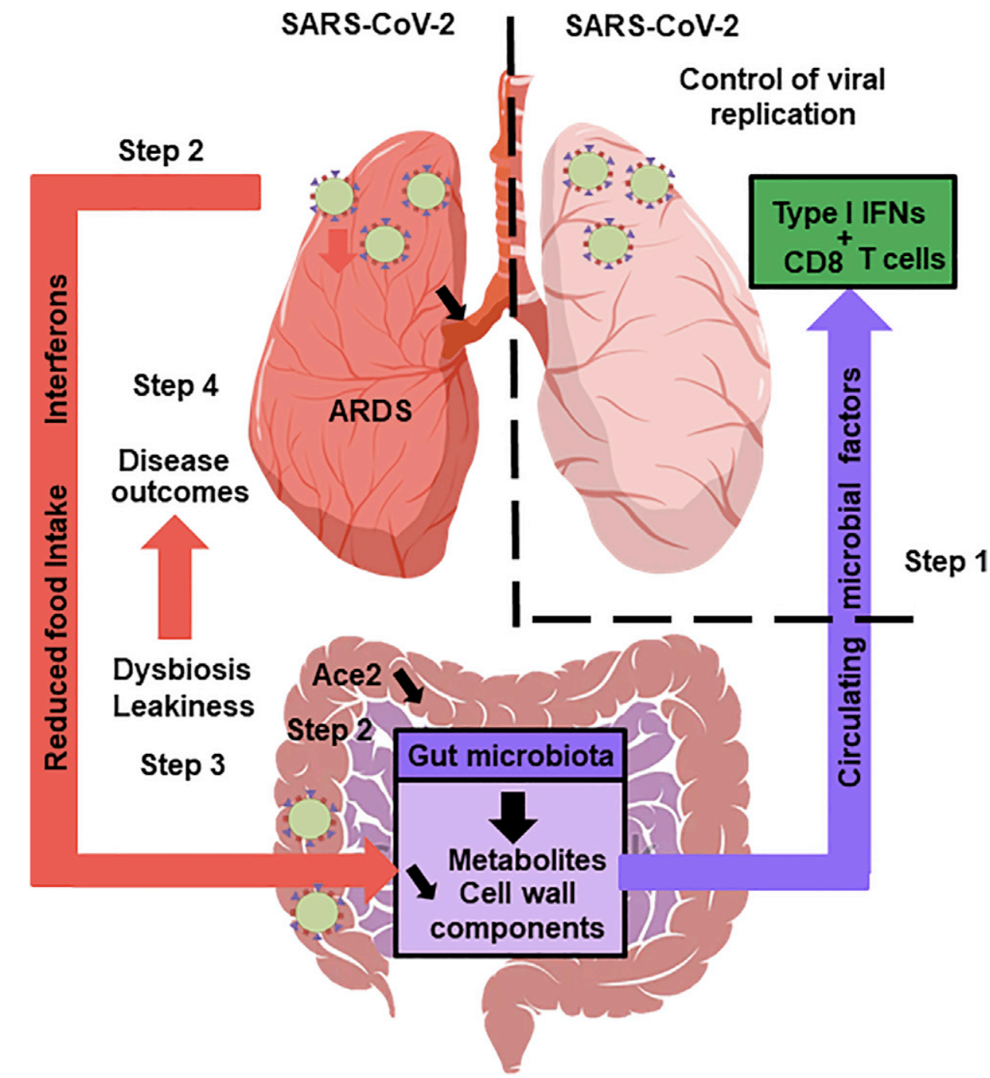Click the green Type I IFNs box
(852, 232)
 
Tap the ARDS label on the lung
(370, 411)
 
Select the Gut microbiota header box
(510, 756)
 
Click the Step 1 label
(945, 561)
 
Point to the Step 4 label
(176, 385)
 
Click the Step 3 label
(183, 765)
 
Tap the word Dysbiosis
(182, 670)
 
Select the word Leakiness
(183, 706)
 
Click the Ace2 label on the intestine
(346, 675)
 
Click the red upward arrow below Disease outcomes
(175, 576)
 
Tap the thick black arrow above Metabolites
(512, 816)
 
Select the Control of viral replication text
(782, 97)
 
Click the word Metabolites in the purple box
(527, 860)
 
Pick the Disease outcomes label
(179, 476)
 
